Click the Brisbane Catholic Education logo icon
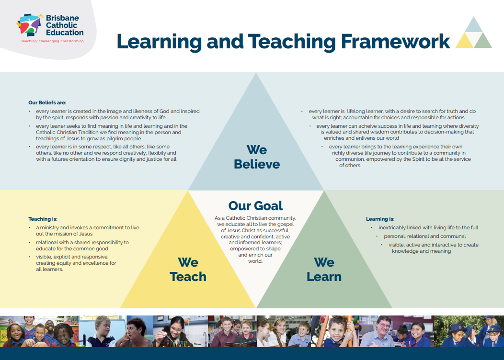point(29,25)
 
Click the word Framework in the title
point(395,42)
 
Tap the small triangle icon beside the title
point(473,32)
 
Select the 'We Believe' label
point(256,157)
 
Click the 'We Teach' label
point(188,270)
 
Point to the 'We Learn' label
point(324,270)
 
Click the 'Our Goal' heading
point(255,206)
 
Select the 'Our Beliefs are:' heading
point(47,102)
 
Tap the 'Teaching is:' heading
point(46,219)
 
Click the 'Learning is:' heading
point(380,219)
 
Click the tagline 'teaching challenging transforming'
point(52,42)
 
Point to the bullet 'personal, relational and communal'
point(424,236)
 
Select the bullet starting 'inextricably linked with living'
point(428,227)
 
